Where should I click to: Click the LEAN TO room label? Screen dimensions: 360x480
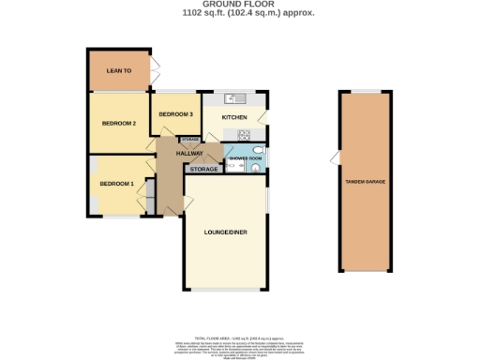coord(118,70)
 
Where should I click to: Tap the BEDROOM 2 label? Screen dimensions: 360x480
coord(119,123)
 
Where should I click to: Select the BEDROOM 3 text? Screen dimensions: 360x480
coord(175,114)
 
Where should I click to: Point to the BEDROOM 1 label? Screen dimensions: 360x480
coord(117,183)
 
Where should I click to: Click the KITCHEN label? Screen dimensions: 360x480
coord(234,117)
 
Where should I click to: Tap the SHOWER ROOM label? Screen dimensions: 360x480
coord(244,159)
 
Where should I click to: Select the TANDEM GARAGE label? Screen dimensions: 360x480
coord(365,181)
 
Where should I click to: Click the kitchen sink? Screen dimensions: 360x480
coord(234,97)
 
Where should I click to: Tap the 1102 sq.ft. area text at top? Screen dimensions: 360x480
coord(239,13)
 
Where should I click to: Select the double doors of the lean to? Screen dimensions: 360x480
coord(155,71)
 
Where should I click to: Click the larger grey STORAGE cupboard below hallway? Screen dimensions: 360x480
coord(203,170)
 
